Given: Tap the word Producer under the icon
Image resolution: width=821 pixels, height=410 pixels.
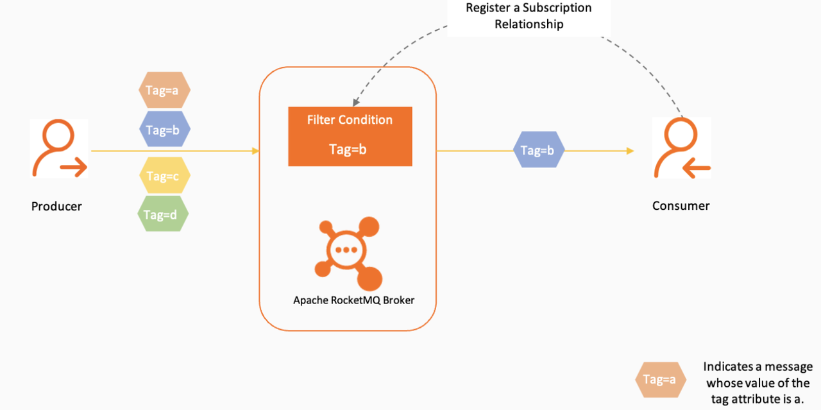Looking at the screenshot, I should click(56, 206).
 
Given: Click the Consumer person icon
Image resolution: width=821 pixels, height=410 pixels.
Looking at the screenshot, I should click(682, 148).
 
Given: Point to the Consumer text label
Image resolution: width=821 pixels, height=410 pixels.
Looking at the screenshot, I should click(681, 206).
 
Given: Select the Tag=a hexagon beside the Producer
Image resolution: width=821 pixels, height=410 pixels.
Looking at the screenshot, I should click(163, 90).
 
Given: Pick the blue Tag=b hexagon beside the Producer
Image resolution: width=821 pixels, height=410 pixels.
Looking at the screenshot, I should click(163, 130).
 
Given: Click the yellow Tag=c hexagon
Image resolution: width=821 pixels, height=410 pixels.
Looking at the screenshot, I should click(163, 176).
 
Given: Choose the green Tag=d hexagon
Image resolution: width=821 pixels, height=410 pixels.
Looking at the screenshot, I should click(163, 214).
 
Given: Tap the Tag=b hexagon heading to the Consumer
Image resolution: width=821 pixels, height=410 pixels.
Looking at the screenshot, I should click(539, 151).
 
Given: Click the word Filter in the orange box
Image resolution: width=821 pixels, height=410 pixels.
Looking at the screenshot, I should click(321, 120).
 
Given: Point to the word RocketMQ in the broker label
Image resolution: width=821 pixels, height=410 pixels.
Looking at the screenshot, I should click(355, 300).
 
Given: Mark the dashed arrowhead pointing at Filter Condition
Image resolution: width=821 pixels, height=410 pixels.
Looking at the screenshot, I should click(355, 102).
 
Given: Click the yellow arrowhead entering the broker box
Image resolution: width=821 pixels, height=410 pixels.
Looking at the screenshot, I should click(255, 151).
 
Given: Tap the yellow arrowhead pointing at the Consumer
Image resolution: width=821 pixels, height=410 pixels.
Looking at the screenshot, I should click(631, 151).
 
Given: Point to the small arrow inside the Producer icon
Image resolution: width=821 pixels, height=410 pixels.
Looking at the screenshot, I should click(74, 169).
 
